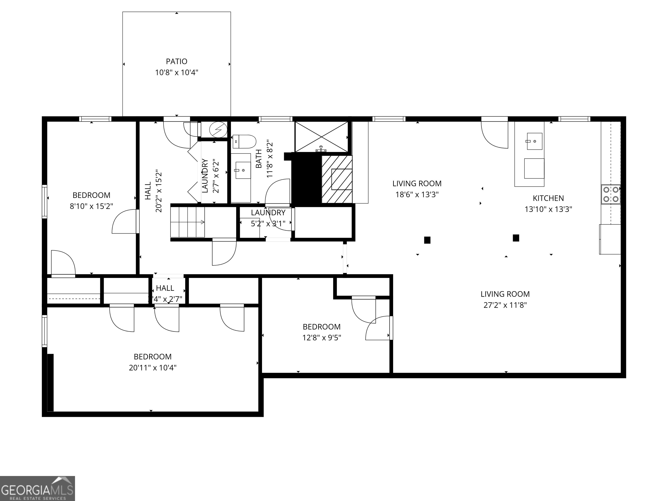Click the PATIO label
tap(176, 62)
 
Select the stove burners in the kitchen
tap(611, 194)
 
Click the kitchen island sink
tap(534, 141)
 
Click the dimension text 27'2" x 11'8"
tap(505, 305)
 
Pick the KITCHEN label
tap(548, 198)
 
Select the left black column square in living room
tap(427, 240)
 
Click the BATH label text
tap(259, 159)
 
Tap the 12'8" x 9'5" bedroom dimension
tap(322, 338)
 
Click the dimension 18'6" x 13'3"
tap(417, 194)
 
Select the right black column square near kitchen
tap(516, 238)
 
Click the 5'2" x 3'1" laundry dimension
tap(268, 224)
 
